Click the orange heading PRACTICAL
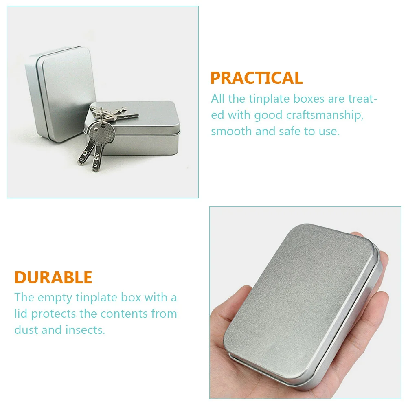click(x=256, y=78)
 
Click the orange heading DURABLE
click(x=53, y=277)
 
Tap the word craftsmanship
click(x=329, y=115)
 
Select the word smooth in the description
click(x=230, y=131)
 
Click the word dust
click(x=26, y=329)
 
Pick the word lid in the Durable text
click(x=21, y=314)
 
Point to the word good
click(x=267, y=115)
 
